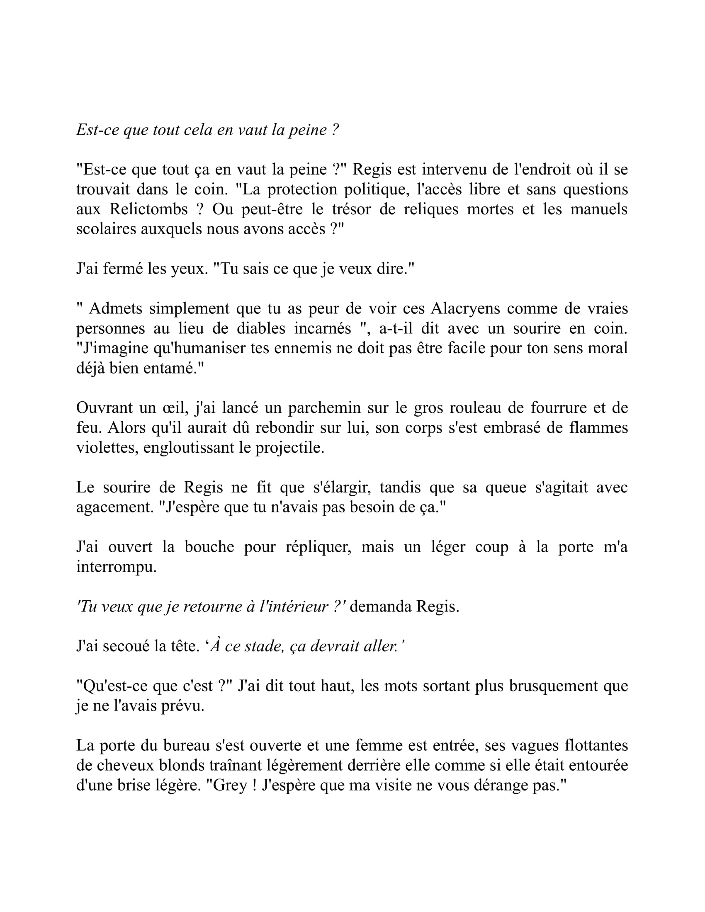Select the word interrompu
[x=116, y=567]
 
